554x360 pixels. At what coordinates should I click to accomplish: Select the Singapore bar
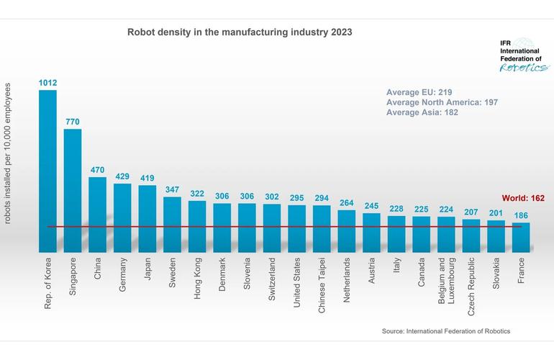click(73, 191)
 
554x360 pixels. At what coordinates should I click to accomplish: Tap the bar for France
click(521, 237)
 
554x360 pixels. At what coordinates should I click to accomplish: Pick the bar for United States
click(296, 228)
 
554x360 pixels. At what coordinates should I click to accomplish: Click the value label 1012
click(47, 83)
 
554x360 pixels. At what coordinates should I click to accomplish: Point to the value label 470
click(98, 170)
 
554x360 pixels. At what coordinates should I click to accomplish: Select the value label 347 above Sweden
click(172, 189)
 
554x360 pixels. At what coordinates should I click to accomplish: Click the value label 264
click(347, 202)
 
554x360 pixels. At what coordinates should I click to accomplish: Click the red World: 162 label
click(523, 198)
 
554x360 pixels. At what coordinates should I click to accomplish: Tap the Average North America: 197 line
click(442, 103)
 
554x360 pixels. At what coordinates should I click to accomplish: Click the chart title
click(240, 32)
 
